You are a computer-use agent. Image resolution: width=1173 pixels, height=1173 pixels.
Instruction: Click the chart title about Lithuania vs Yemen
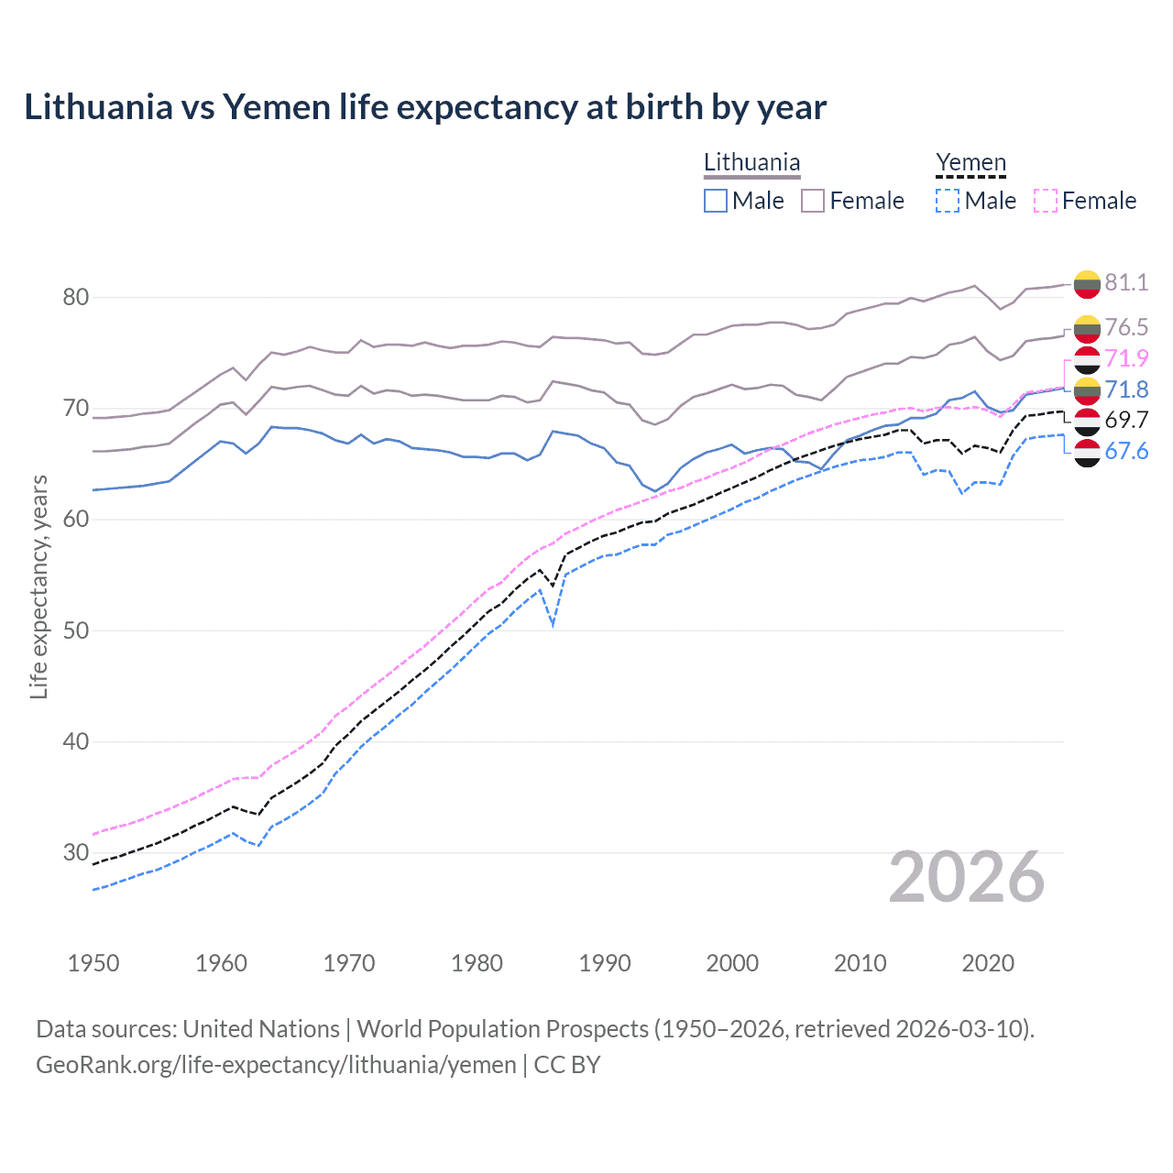point(425,107)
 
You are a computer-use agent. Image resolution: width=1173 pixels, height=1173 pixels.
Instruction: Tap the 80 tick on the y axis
point(76,297)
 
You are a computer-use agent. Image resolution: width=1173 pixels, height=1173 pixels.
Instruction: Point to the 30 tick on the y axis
point(76,852)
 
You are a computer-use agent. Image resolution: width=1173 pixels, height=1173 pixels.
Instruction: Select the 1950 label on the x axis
point(93,963)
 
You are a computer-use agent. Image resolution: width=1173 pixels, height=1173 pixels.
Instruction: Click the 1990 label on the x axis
point(605,963)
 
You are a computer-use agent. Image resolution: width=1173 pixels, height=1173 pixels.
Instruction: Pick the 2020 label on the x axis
point(988,963)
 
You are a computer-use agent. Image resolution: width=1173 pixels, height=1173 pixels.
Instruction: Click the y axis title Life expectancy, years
point(38,586)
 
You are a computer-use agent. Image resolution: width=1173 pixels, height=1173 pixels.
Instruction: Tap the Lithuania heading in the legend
point(751,162)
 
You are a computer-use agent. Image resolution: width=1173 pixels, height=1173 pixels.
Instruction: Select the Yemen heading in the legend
point(970,162)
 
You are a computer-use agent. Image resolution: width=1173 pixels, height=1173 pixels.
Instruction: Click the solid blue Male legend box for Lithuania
point(716,201)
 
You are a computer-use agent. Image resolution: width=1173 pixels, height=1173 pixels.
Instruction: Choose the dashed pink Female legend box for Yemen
point(1046,201)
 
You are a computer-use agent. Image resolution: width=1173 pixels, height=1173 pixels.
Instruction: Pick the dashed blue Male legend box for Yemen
point(948,201)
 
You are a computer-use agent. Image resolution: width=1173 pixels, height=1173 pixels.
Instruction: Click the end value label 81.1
point(1126,282)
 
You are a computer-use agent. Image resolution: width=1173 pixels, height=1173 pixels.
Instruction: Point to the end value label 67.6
point(1126,451)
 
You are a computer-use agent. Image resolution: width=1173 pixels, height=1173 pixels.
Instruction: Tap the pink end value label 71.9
point(1126,358)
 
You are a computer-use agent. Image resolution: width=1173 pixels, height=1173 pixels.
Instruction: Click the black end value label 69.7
point(1126,420)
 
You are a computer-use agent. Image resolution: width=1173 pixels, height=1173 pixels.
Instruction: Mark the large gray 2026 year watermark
point(967,877)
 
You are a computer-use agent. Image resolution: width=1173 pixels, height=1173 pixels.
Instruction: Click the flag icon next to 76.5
point(1087,327)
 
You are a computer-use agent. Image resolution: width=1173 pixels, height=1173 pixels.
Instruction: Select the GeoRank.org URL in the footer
point(276,1065)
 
